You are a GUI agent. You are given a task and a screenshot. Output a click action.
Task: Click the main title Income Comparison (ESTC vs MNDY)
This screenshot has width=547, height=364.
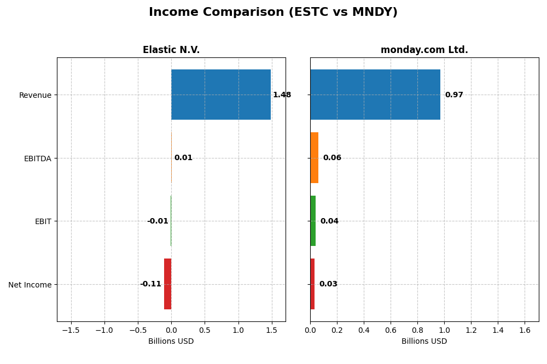tap(273, 12)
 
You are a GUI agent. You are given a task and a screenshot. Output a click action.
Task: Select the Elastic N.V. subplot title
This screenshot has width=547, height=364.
tap(171, 50)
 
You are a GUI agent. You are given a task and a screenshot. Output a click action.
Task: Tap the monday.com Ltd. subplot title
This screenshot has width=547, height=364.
tap(424, 50)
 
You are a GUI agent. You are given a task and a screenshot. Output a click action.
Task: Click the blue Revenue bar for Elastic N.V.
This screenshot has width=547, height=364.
tap(221, 95)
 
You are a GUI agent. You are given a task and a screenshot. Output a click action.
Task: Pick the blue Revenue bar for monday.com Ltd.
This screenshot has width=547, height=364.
tap(375, 95)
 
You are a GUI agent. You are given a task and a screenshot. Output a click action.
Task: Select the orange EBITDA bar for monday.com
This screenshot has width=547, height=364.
tap(314, 157)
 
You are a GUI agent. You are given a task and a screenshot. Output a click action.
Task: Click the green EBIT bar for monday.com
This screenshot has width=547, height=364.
tap(313, 221)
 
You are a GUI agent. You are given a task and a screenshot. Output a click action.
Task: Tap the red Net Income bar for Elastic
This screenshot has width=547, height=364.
tap(167, 284)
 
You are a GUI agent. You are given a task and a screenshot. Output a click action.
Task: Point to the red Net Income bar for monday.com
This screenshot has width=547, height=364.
tap(312, 284)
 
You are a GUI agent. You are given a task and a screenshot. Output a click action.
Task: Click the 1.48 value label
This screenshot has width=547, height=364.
tap(282, 95)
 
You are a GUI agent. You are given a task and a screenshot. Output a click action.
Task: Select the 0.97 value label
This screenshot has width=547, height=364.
tap(454, 95)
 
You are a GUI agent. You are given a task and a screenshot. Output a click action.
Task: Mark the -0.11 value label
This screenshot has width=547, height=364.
tap(150, 284)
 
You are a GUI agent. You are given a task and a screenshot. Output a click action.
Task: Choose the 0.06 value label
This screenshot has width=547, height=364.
tap(332, 157)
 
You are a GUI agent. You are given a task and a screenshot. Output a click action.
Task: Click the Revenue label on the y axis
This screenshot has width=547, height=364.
tap(35, 95)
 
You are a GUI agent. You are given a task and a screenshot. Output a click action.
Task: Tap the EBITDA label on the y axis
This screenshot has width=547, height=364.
tap(37, 158)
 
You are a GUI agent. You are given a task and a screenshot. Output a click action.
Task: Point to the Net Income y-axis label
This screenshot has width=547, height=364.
tap(30, 285)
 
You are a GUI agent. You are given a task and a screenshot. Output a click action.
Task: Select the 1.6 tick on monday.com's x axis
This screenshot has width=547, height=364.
tap(525, 330)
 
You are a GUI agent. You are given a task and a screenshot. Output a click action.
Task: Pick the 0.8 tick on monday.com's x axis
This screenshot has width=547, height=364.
tap(417, 330)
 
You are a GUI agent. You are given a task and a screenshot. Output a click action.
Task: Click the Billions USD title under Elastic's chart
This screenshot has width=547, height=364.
tap(171, 341)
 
